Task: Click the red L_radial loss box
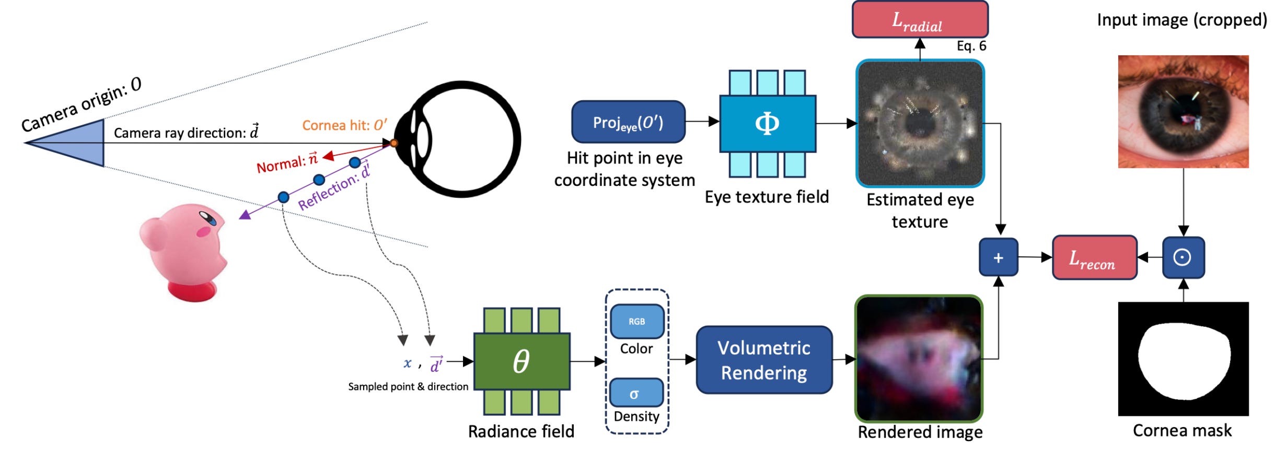coord(920,19)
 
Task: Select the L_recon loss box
coord(1094,257)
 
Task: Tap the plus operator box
coord(998,257)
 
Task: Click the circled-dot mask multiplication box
coord(1183,257)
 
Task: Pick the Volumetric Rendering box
coord(764,360)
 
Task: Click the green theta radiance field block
coord(522,361)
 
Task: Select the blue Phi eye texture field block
coord(767,124)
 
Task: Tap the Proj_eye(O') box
coord(628,122)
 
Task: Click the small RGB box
coord(636,322)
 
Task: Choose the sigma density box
coord(636,393)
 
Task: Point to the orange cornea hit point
coord(394,143)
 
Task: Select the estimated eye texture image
coord(920,124)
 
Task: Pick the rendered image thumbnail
coord(919,359)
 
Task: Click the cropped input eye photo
coord(1183,112)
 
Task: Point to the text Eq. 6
coord(971,46)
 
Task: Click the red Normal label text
coord(287,163)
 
